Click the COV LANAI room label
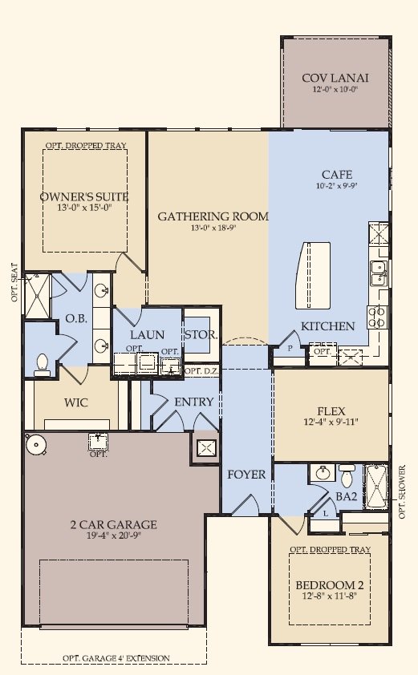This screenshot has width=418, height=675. (x=335, y=78)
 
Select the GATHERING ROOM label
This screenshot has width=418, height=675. (x=213, y=216)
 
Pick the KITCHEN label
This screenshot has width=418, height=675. (x=327, y=326)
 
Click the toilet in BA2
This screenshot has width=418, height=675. (x=347, y=475)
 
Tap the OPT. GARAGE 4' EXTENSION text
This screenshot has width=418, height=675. (x=116, y=658)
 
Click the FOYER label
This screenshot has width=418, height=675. (x=246, y=475)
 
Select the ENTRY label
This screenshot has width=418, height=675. (x=193, y=402)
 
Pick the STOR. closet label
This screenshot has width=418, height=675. (x=200, y=334)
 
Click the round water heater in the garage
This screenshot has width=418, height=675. (x=34, y=443)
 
